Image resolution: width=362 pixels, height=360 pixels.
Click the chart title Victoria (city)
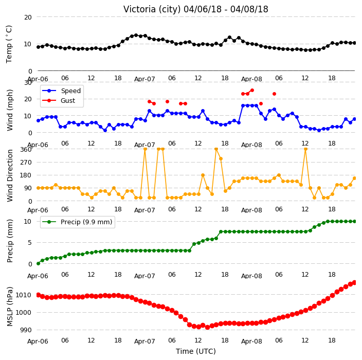[152, 9]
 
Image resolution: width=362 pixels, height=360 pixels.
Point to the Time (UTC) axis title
[196, 351]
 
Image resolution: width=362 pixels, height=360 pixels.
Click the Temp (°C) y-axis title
[9, 44]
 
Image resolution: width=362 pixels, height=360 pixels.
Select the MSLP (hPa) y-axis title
[9, 307]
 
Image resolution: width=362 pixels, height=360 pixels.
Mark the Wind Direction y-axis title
[10, 176]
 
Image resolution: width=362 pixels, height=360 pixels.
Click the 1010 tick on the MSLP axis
[23, 295]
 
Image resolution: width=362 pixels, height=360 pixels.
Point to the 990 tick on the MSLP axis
[26, 330]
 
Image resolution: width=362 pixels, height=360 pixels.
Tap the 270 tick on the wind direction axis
[26, 163]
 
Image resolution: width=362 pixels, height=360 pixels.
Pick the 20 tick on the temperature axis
[28, 17]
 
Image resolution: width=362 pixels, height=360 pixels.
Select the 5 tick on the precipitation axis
[30, 243]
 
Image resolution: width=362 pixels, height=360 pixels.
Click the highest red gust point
[252, 91]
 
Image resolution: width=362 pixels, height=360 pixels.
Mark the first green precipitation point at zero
[39, 263]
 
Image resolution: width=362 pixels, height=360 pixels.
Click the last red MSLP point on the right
[355, 282]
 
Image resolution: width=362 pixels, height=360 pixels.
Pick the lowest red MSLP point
[207, 327]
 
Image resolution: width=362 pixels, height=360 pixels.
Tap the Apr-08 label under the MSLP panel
[251, 341]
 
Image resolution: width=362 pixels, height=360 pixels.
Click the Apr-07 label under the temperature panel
[144, 79]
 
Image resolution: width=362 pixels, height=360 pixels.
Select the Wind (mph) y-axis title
[10, 111]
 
